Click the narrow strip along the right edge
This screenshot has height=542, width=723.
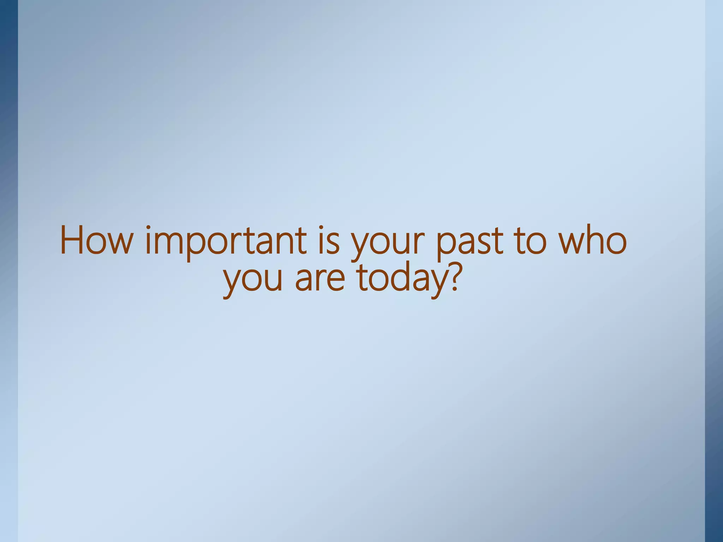tap(714, 271)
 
